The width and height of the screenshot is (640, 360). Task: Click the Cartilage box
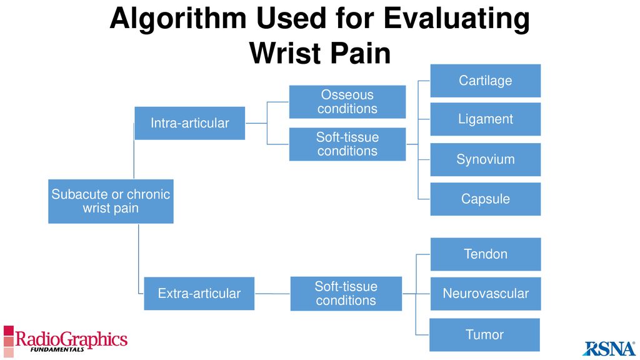click(x=485, y=81)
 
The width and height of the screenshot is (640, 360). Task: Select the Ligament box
click(x=485, y=119)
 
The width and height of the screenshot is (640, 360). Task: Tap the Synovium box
click(x=485, y=159)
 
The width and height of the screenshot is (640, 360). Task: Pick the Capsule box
click(x=485, y=199)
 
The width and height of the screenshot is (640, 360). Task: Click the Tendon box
click(x=485, y=254)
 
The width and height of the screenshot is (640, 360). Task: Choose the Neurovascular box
click(x=485, y=294)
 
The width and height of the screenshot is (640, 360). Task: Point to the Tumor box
click(x=484, y=335)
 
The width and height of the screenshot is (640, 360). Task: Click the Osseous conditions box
click(x=347, y=102)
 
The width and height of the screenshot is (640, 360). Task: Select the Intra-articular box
click(x=190, y=123)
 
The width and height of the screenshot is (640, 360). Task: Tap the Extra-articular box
click(x=199, y=294)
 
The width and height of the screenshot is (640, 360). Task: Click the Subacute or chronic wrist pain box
click(x=111, y=201)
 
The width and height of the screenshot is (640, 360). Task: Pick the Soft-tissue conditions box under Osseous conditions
click(x=347, y=144)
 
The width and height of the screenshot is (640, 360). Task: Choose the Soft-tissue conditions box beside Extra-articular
click(x=346, y=294)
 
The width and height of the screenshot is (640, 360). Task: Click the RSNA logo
click(x=609, y=348)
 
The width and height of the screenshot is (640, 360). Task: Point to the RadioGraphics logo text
click(x=71, y=339)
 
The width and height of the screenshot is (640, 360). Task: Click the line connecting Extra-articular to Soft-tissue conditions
click(x=272, y=294)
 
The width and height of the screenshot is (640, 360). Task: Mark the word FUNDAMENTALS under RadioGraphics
click(x=57, y=350)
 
